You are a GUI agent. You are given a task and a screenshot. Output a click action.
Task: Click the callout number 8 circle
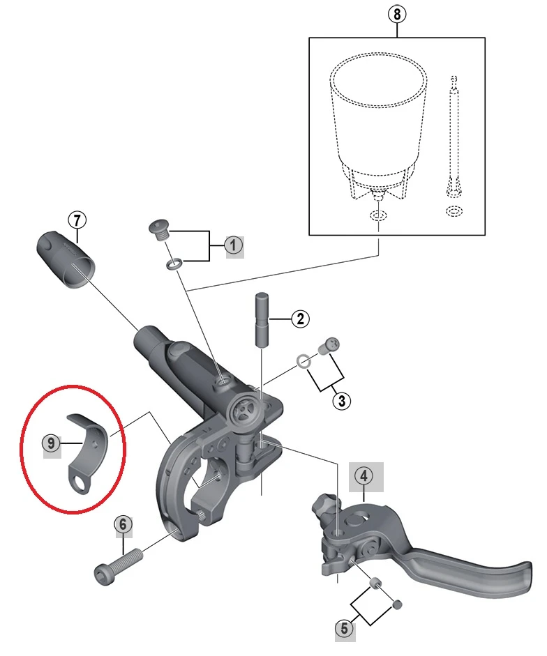[397, 13]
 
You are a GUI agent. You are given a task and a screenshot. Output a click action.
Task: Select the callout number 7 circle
[77, 220]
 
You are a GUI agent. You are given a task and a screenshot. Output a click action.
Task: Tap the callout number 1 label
[233, 245]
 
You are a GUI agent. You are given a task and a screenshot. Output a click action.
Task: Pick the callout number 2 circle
[300, 319]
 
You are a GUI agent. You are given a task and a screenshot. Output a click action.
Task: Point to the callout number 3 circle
[342, 401]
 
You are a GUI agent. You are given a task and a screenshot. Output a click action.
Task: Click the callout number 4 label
[364, 477]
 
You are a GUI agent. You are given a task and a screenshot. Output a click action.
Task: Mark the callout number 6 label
[122, 524]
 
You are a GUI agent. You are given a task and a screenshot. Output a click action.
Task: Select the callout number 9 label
[51, 442]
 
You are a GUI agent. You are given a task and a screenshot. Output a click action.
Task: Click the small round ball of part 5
[398, 602]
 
